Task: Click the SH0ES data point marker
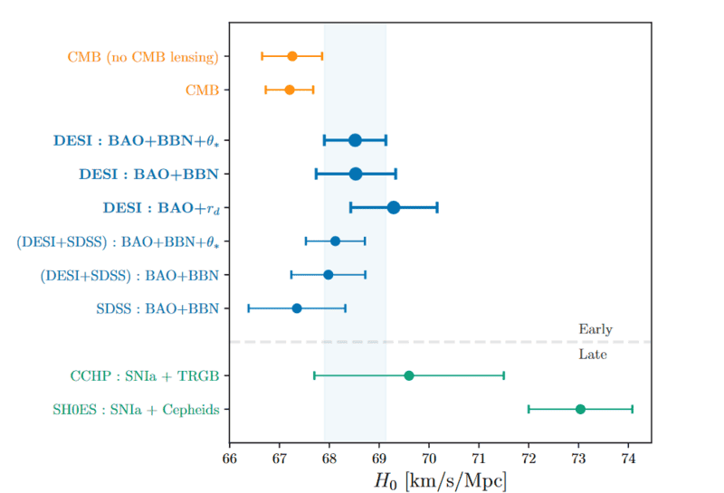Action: click(580, 409)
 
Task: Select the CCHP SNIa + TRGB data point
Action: click(408, 375)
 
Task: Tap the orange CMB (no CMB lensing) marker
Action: click(292, 56)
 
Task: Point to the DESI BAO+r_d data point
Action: click(394, 207)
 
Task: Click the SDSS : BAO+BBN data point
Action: click(297, 308)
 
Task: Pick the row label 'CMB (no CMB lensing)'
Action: click(144, 57)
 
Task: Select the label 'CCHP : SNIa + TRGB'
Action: click(145, 376)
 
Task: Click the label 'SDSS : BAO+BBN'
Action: click(157, 308)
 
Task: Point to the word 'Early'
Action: click(595, 329)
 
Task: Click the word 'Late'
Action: click(593, 355)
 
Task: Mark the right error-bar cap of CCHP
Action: click(503, 375)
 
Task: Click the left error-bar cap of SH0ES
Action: click(529, 409)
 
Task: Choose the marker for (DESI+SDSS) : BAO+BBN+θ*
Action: click(335, 241)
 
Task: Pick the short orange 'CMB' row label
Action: click(203, 90)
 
